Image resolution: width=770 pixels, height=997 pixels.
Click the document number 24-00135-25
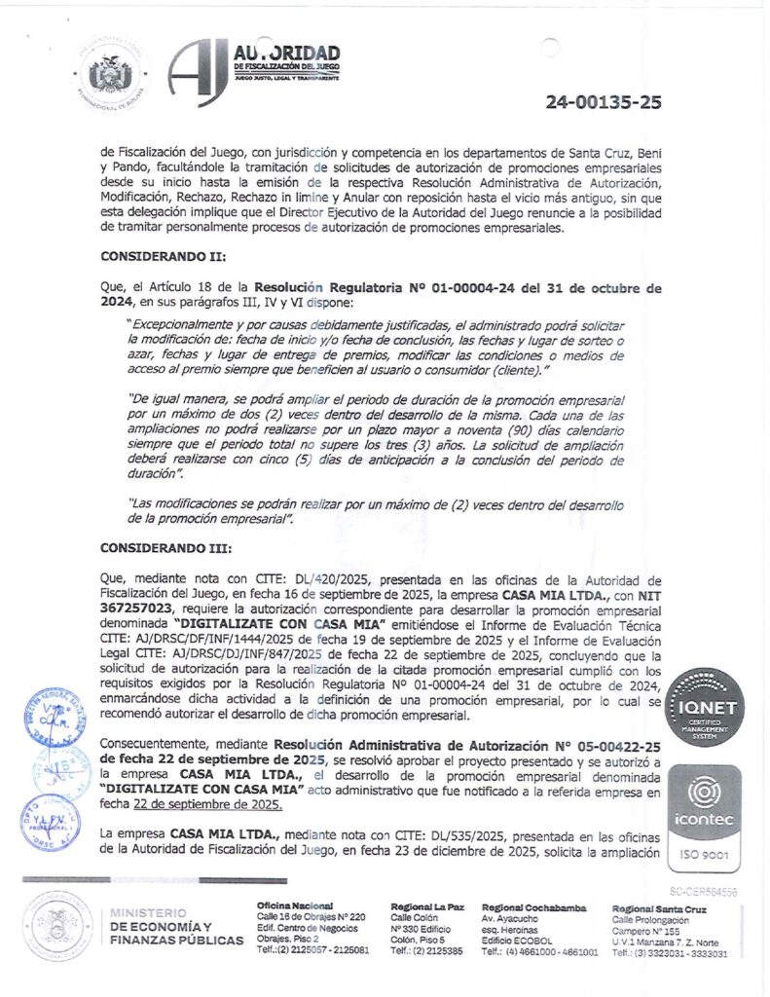pos(603,101)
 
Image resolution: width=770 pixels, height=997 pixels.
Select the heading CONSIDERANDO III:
pos(165,548)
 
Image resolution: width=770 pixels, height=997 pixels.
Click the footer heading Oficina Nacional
pos(295,906)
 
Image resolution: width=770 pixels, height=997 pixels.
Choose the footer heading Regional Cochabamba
pos(534,906)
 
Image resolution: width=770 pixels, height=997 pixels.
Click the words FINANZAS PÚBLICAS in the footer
pos(177,941)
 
